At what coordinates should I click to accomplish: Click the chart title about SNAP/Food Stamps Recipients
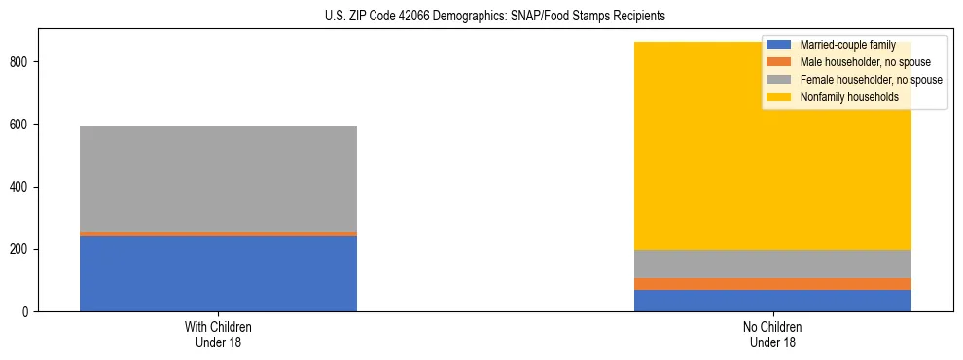click(x=494, y=17)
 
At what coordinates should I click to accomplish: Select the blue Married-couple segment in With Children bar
click(x=218, y=273)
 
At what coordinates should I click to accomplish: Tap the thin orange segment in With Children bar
click(x=218, y=234)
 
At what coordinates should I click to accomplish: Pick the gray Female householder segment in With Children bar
click(x=218, y=179)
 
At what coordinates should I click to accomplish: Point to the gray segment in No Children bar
click(x=772, y=264)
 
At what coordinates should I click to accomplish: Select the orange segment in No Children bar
click(x=772, y=284)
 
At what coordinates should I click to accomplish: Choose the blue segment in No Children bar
click(x=772, y=301)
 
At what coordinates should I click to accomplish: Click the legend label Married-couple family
click(x=847, y=45)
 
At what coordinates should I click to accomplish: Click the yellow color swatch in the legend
click(x=779, y=97)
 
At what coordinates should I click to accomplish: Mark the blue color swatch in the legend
click(x=779, y=45)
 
